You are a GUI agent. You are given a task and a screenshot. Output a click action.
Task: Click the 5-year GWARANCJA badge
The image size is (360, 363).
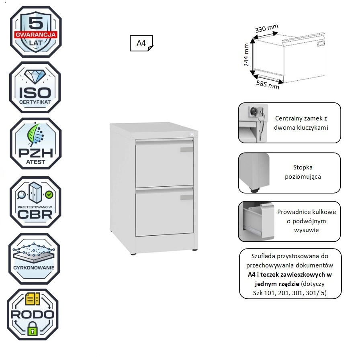pos(35,32)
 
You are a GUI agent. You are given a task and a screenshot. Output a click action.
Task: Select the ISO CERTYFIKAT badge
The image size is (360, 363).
pos(35,88)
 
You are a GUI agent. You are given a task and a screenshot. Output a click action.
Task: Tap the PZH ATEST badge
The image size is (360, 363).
pos(35,144)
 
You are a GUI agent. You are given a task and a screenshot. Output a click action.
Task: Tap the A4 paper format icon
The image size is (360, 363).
pos(141,43)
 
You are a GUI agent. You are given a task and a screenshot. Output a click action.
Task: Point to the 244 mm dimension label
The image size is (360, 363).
pos(247,55)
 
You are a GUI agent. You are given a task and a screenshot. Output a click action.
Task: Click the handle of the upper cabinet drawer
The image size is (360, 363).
pos(187,150)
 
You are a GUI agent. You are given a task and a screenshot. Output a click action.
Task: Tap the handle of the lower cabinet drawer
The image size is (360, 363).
pos(187,198)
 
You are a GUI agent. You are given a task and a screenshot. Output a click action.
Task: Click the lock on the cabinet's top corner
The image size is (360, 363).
pos(192,134)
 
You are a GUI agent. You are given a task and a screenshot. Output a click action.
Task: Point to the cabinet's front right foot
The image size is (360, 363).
pos(195,249)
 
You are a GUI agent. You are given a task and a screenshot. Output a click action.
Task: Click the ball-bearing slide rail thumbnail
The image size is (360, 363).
pos(254,222)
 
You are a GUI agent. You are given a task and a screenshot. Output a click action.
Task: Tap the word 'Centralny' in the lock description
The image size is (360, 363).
pos(289,119)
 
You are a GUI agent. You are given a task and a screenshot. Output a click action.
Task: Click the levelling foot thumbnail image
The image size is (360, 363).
pos(254,173)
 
